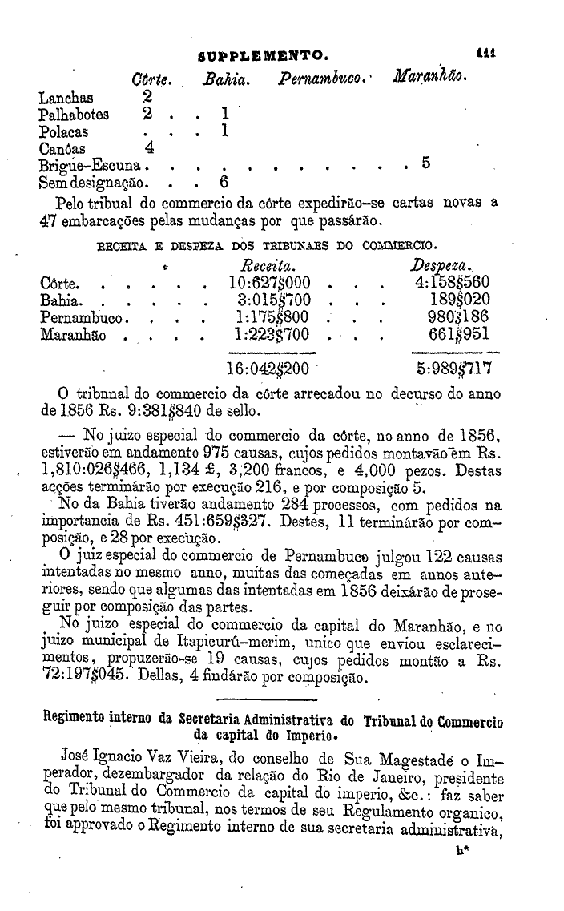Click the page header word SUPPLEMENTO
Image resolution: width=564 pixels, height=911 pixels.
[x=260, y=56]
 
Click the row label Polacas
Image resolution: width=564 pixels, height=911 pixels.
[x=64, y=131]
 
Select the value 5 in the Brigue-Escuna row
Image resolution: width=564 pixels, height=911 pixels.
[x=425, y=165]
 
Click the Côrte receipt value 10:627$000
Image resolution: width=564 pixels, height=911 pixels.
[x=270, y=283]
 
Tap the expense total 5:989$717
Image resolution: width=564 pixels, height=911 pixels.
[x=452, y=370]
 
